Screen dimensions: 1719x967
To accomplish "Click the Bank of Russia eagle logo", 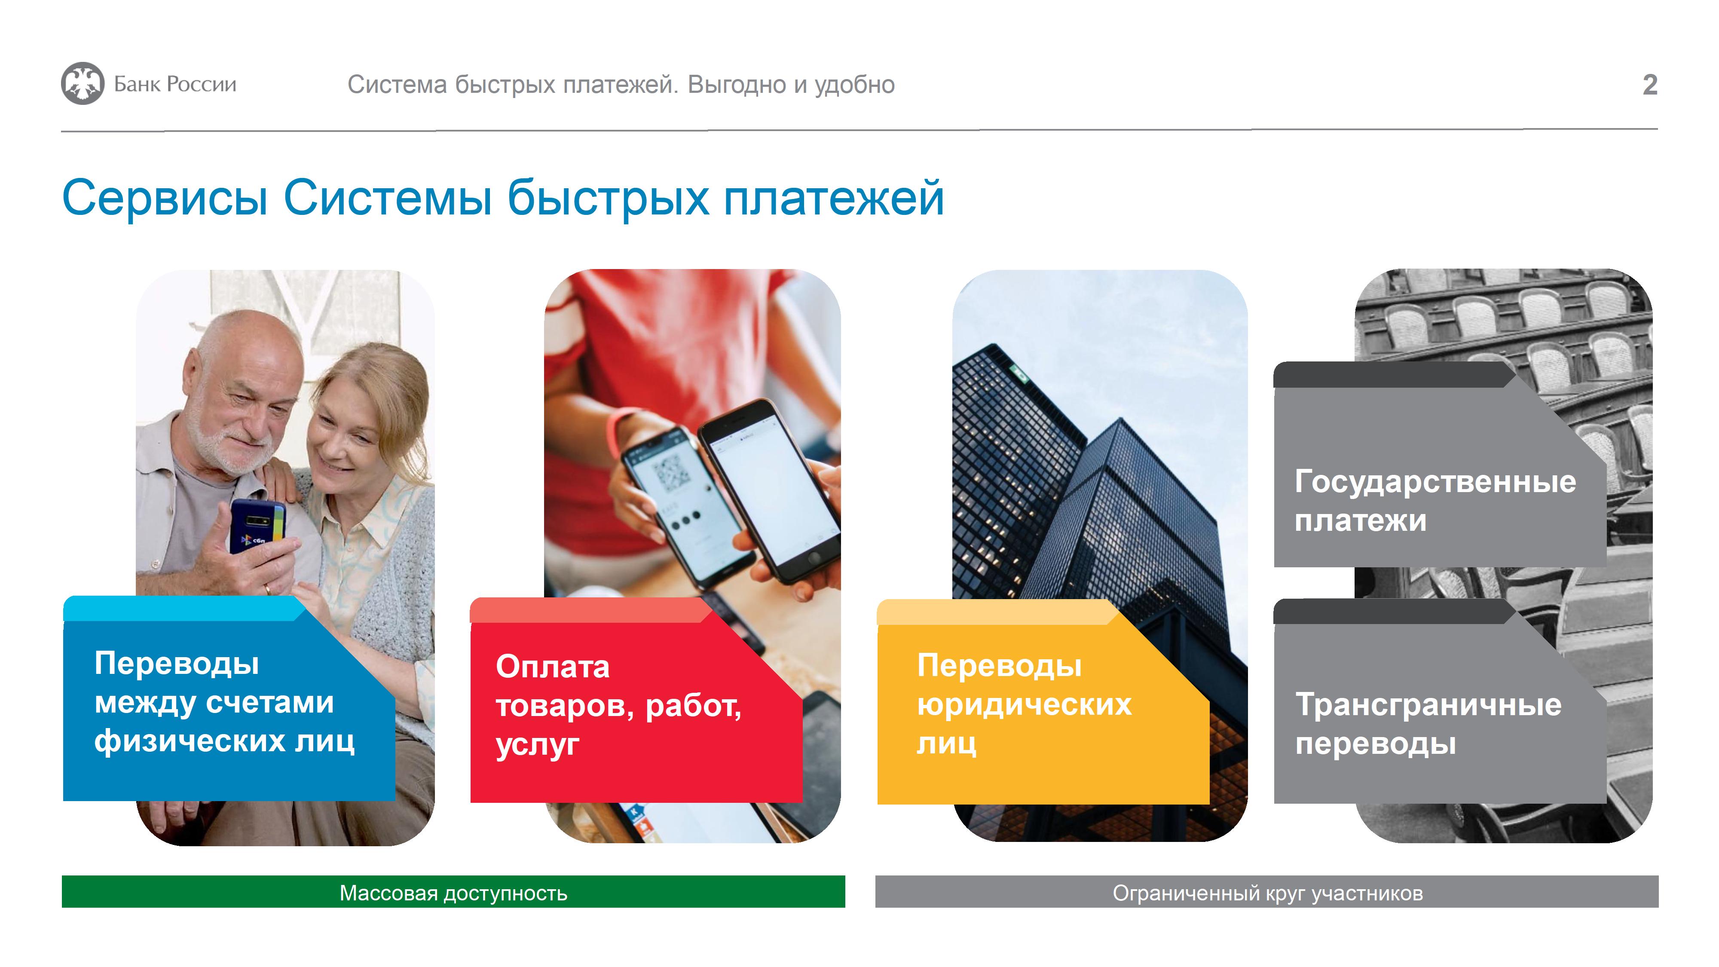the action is pos(83,83).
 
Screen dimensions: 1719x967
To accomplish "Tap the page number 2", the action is pos(1650,85).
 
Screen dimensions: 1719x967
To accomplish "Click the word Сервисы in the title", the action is pos(165,198).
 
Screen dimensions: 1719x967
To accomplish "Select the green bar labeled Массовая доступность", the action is pos(453,892).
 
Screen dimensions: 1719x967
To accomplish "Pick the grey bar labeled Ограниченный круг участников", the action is pos(1266,892).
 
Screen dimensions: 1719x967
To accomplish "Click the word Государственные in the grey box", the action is pos(1435,482).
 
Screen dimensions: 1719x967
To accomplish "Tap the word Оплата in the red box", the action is pos(553,667).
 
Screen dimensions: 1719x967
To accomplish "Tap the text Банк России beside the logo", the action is pos(175,84).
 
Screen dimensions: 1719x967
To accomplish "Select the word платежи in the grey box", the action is pos(1360,520).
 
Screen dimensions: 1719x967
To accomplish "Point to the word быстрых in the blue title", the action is pos(608,198).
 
